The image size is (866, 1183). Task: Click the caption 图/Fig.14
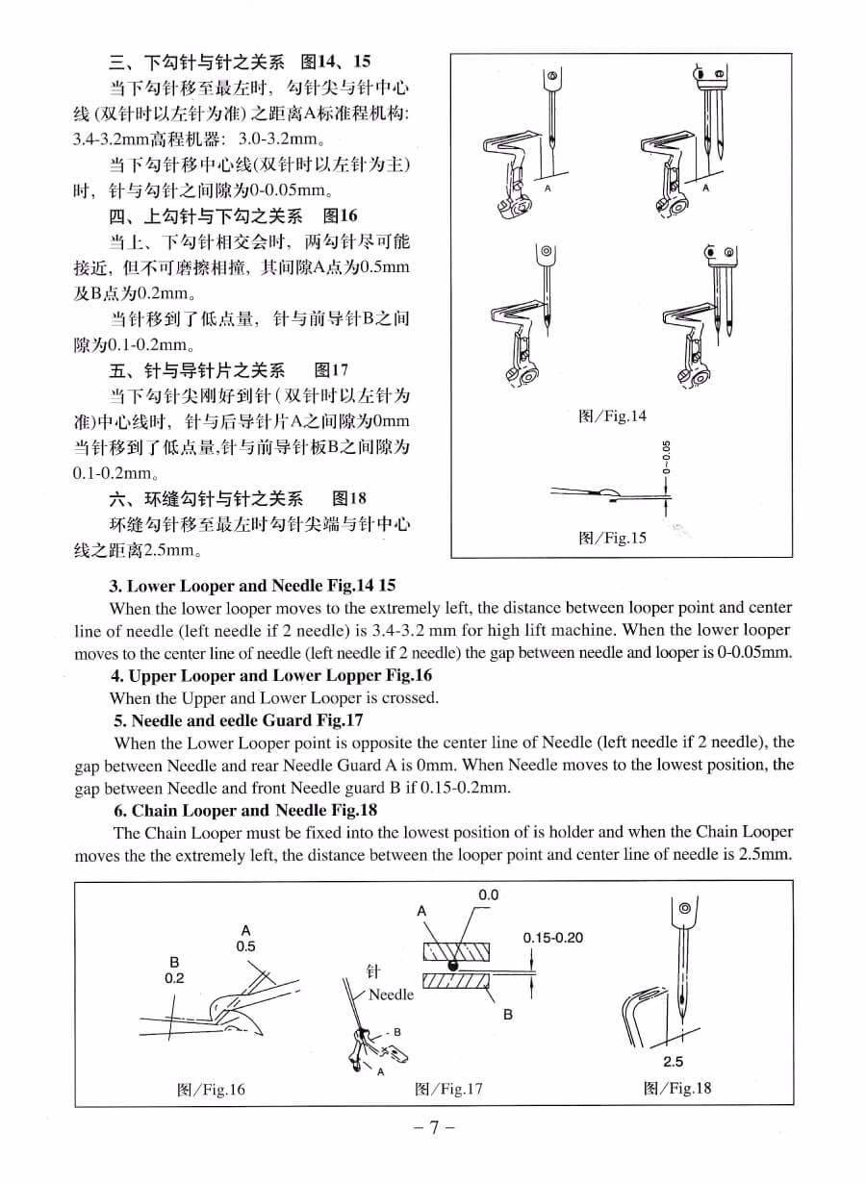click(x=612, y=416)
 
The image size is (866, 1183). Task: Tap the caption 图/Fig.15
click(x=612, y=538)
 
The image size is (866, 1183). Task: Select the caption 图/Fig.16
click(x=212, y=1089)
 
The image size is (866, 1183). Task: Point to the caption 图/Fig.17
click(x=448, y=1089)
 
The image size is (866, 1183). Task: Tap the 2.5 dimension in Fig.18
click(x=674, y=1062)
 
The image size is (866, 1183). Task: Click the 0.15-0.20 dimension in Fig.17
click(x=553, y=938)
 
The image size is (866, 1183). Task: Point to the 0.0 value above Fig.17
click(x=488, y=895)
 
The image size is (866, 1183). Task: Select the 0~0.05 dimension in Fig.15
click(x=666, y=458)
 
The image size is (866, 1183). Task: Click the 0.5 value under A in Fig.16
click(x=246, y=945)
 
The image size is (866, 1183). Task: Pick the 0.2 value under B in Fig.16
click(x=174, y=977)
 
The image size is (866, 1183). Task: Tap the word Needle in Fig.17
click(x=391, y=994)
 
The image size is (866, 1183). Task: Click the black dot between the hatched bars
click(x=452, y=965)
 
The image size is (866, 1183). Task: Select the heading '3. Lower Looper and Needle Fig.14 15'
click(x=252, y=585)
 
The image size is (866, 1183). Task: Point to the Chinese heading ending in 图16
click(x=233, y=215)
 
